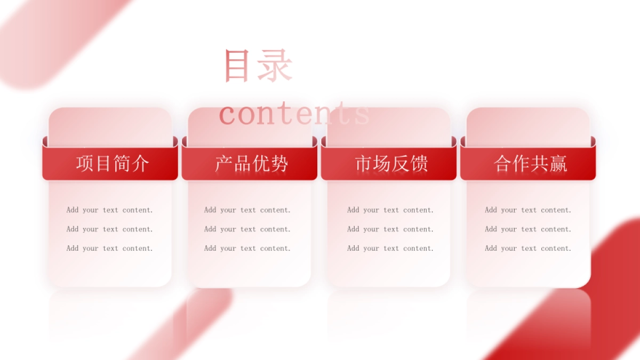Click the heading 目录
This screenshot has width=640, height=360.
tap(258, 66)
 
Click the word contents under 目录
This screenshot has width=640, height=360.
tap(294, 114)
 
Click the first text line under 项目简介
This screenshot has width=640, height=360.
tap(110, 210)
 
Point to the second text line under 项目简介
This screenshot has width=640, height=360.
tap(110, 229)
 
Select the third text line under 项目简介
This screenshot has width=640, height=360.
tap(110, 249)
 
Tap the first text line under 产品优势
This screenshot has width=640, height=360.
tap(247, 210)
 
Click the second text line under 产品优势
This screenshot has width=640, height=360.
tap(247, 229)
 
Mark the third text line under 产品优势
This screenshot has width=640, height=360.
tap(247, 249)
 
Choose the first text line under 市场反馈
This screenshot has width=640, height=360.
tap(390, 210)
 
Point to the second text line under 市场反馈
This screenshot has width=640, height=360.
tap(390, 229)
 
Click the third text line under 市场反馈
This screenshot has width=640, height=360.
tap(390, 249)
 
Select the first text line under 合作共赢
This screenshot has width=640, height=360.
tap(528, 210)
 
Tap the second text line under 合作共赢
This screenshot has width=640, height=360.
tap(528, 229)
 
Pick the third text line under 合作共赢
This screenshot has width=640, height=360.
tap(528, 249)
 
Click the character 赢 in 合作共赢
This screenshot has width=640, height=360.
tap(558, 164)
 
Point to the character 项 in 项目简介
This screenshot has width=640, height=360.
tap(85, 164)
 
